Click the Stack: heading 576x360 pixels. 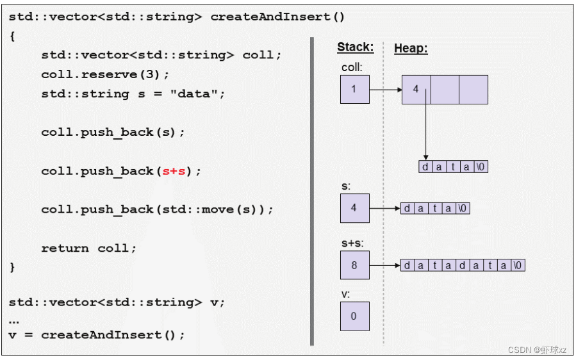355,47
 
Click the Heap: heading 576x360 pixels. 411,48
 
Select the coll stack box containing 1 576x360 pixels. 354,90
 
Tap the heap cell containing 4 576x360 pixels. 416,90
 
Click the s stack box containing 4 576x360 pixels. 354,208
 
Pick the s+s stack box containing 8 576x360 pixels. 354,265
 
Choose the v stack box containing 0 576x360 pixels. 354,316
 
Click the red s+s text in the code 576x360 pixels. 174,171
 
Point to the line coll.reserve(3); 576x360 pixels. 106,74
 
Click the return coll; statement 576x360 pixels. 89,248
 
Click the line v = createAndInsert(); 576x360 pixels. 97,334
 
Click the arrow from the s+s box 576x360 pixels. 385,265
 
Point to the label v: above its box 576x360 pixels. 345,295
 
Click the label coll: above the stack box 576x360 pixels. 351,67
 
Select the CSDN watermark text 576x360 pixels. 537,350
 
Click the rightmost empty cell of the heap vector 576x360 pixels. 473,90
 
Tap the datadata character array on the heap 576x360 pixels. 463,265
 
